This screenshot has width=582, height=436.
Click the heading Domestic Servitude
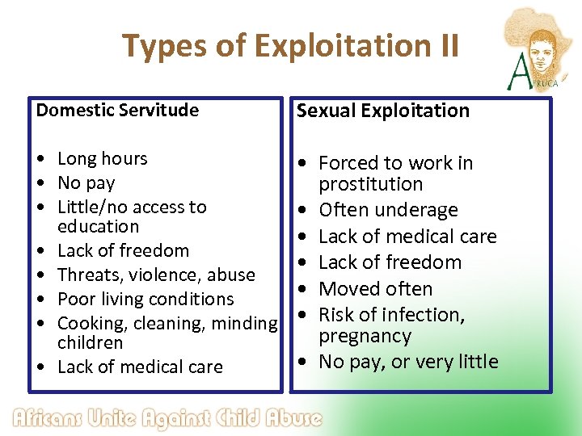(x=117, y=110)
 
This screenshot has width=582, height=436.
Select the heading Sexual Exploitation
(x=383, y=111)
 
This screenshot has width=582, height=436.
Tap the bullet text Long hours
(x=103, y=158)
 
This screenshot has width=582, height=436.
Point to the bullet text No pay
(x=86, y=182)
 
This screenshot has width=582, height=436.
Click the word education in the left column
(x=98, y=227)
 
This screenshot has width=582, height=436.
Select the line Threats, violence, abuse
(x=156, y=275)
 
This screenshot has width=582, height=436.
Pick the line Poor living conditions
(x=145, y=299)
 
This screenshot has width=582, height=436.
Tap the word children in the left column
(x=91, y=342)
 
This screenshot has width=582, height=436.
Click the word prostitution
(x=371, y=184)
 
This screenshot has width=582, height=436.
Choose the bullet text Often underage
(x=388, y=210)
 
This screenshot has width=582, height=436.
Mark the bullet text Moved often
(x=375, y=288)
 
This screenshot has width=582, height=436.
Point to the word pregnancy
(x=365, y=336)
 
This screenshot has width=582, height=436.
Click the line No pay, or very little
(x=408, y=362)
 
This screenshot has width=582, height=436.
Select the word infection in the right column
(x=420, y=314)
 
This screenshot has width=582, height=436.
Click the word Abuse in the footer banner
(x=293, y=417)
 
